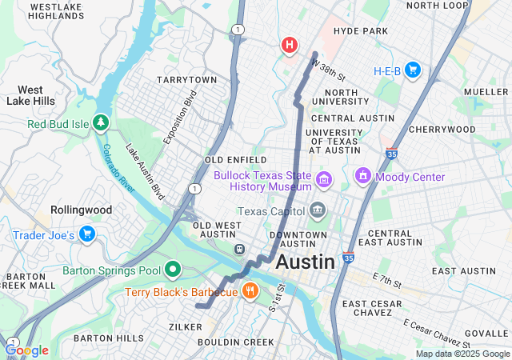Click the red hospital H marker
(x=290, y=46)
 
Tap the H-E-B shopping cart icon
(x=413, y=70)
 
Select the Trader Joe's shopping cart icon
(x=87, y=234)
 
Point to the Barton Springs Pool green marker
(x=172, y=270)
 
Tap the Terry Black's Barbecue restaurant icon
(x=250, y=292)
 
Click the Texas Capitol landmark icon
(x=318, y=211)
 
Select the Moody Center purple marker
(x=362, y=176)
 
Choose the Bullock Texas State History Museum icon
(x=324, y=178)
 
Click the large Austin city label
(x=305, y=262)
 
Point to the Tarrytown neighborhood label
(x=186, y=81)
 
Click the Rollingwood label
(x=81, y=210)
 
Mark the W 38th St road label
(x=328, y=70)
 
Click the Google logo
(x=26, y=350)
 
